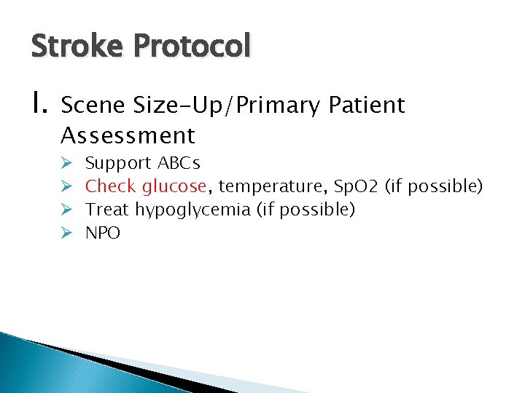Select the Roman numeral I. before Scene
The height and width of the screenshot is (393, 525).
point(39,106)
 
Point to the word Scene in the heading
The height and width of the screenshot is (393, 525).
point(93,106)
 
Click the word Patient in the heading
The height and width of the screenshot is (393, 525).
point(366,106)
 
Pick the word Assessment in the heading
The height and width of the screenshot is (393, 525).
point(128,135)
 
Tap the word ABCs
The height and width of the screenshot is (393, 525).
point(179,163)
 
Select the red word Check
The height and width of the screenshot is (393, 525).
point(112,186)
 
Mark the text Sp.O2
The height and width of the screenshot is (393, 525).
point(349,186)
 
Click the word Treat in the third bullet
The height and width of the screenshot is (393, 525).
point(108,210)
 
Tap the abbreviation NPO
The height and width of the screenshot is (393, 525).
point(103,233)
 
